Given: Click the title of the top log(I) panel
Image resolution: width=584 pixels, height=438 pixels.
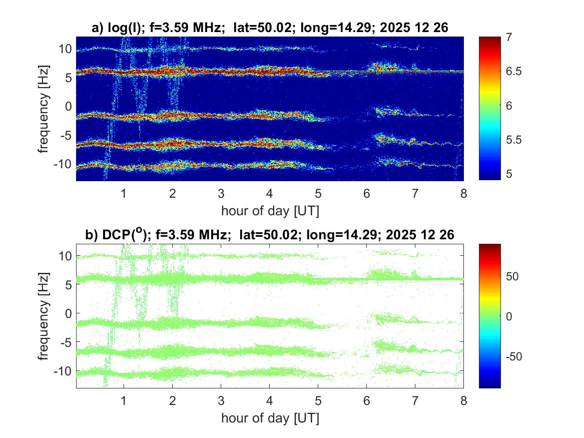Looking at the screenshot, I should point(270,29).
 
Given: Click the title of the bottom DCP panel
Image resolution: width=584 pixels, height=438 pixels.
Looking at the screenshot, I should point(270,235).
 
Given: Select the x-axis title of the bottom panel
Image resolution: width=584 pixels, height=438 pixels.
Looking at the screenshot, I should point(270,417).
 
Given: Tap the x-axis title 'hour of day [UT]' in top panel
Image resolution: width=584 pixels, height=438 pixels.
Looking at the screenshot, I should point(270,211).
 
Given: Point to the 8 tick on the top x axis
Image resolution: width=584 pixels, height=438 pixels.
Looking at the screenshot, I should point(463,194).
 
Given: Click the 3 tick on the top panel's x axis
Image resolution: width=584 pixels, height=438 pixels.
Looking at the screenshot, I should point(221,194).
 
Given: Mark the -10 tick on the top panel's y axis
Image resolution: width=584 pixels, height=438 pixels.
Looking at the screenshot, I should point(64,164).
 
